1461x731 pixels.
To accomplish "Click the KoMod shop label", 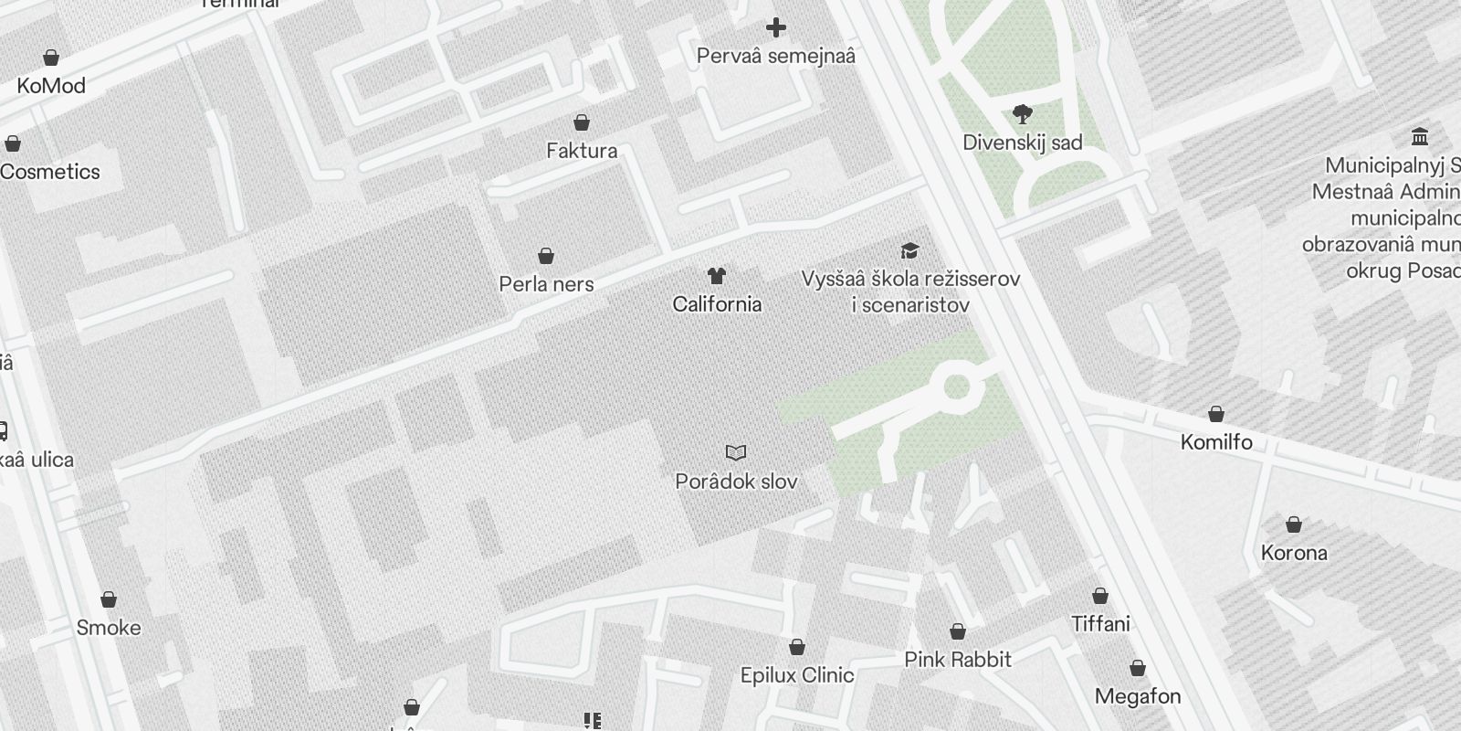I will pos(51,86).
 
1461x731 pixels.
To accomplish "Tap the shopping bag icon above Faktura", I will pos(582,122).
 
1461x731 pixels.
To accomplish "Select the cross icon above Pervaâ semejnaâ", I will pos(776,28).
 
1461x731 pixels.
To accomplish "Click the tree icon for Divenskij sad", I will pos(1023,114).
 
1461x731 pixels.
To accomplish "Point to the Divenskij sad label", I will pos(1023,143).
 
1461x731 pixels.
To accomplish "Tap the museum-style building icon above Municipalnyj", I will pos(1420,137).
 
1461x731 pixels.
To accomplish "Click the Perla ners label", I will pos(546,284).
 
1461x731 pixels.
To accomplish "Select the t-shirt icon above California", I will pos(717,275).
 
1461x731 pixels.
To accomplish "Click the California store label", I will pos(717,304).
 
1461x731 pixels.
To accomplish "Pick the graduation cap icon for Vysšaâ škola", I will pos(909,250).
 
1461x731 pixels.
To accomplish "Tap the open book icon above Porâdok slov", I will pos(736,452).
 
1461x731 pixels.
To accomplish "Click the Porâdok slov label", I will pos(736,482).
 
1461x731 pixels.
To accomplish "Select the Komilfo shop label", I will pos(1216,442).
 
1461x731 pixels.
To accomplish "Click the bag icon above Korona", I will pos(1294,524).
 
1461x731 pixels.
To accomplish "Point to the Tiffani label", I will pos(1100,624).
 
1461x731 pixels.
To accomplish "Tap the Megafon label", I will pos(1138,696).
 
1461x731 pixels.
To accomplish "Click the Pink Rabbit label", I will pos(958,660).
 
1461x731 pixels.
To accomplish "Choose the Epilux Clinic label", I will pos(797,675).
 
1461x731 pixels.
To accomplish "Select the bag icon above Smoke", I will pos(109,599).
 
